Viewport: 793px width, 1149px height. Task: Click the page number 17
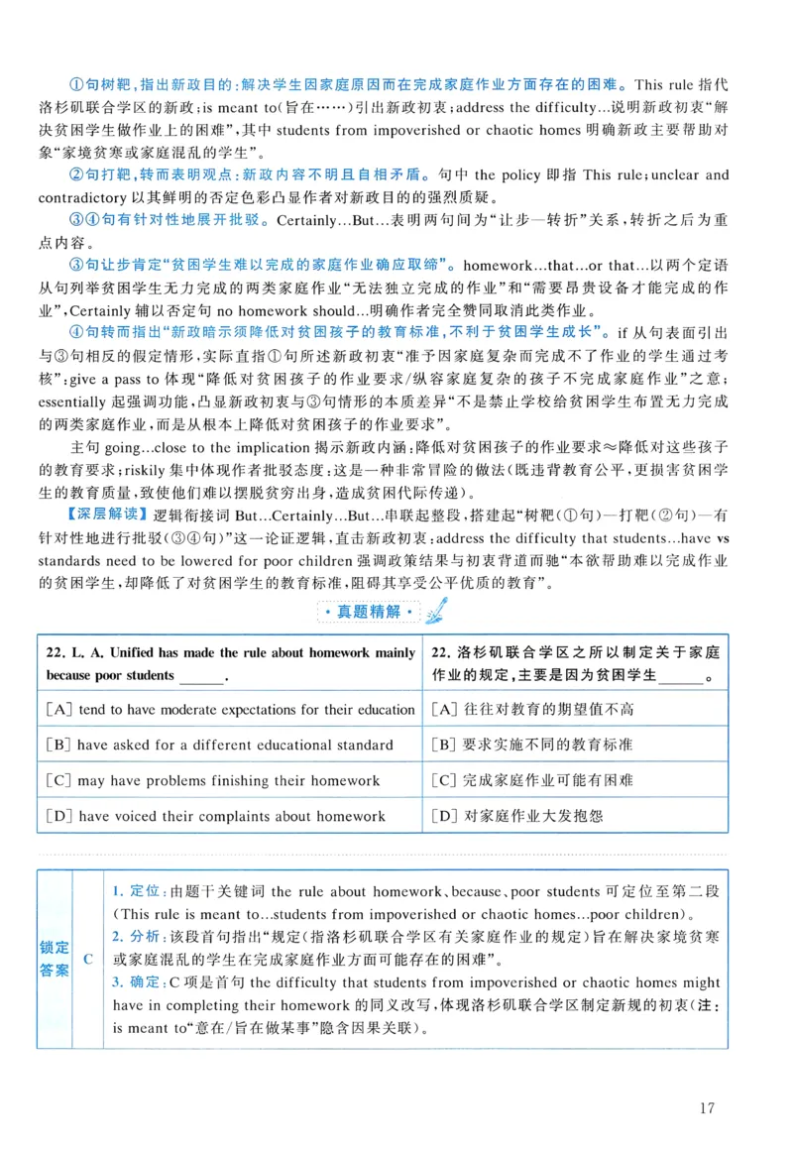[x=706, y=1107]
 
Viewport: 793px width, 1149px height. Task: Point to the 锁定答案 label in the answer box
[x=56, y=959]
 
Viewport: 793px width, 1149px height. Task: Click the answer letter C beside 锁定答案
[x=88, y=959]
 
